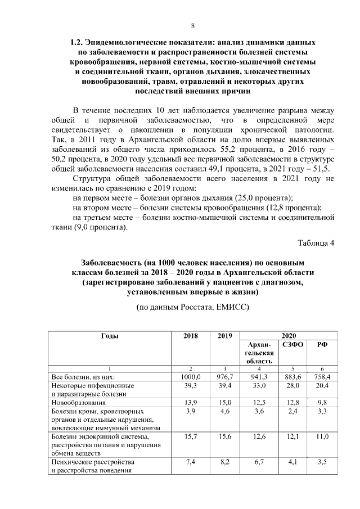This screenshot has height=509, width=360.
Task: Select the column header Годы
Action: pyautogui.click(x=109, y=335)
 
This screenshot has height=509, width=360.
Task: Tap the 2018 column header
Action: pyautogui.click(x=191, y=335)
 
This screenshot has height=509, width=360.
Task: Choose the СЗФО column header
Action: pyautogui.click(x=291, y=344)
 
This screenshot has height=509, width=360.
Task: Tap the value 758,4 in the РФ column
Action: pyautogui.click(x=323, y=377)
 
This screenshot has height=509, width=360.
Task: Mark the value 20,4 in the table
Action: pyautogui.click(x=323, y=386)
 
